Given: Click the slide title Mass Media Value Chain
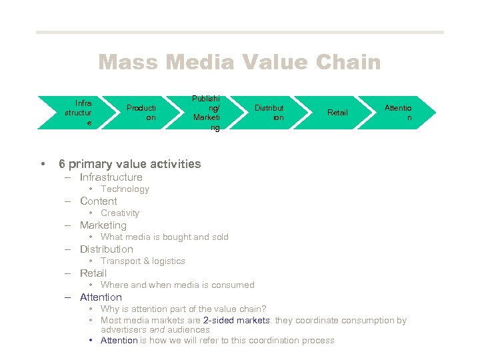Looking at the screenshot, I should (x=239, y=63).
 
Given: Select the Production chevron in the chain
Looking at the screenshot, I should (x=141, y=113).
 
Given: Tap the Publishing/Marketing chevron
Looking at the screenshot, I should (x=205, y=113).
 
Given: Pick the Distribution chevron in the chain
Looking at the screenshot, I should (x=269, y=113).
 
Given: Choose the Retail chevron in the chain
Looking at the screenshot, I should (x=337, y=113).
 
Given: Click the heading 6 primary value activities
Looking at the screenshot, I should (x=129, y=164).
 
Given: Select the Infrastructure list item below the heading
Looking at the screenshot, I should (x=111, y=177).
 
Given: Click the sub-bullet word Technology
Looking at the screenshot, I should (x=125, y=189).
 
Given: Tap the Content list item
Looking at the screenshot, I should (x=98, y=201).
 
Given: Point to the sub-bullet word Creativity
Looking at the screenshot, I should (x=120, y=213).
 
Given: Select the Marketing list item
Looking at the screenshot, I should (x=103, y=225).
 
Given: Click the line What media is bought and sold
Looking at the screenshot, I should (x=164, y=237).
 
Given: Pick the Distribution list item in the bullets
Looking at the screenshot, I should (x=106, y=249).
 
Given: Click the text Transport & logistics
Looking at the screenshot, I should (x=143, y=261).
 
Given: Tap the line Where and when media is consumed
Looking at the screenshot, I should (x=177, y=285).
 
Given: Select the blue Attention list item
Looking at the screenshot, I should (x=101, y=297).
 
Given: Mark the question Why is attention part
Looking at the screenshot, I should (x=183, y=309).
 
